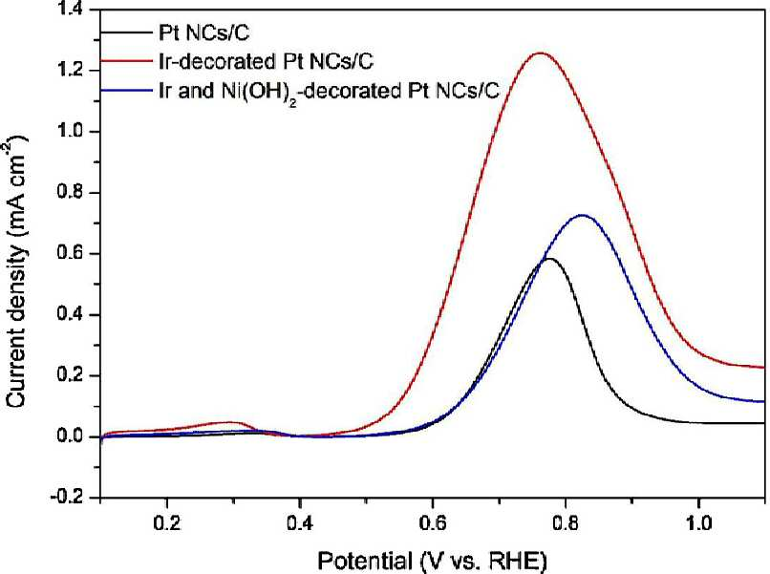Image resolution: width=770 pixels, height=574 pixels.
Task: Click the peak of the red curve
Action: tap(541, 53)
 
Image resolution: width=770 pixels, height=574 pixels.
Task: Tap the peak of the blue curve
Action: tap(583, 215)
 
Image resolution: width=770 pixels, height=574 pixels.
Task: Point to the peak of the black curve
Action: tap(549, 259)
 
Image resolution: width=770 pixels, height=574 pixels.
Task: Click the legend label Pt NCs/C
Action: tap(203, 32)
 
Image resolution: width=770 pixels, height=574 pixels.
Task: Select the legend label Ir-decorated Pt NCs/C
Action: tap(266, 61)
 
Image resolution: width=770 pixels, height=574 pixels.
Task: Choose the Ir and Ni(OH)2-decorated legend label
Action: tap(329, 91)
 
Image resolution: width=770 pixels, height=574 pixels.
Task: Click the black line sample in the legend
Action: tap(127, 32)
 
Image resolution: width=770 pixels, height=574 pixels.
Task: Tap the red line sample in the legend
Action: tap(127, 61)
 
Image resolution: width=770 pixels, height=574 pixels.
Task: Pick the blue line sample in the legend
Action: tap(127, 90)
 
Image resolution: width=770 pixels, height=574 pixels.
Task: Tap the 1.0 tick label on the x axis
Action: tap(698, 523)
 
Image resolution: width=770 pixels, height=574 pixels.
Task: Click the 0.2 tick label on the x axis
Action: tap(167, 523)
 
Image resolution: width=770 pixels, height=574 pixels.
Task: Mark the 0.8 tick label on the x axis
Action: tap(566, 523)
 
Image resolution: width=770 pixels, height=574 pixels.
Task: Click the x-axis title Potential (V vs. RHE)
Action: tap(432, 561)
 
